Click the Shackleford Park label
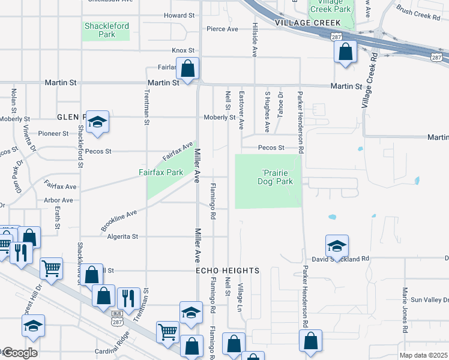coord(107,30)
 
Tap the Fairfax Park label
coord(161,172)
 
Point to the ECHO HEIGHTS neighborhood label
coord(228,271)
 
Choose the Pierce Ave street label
coord(222,29)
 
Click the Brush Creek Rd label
coord(418,13)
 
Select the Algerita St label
coord(122,237)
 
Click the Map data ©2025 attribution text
coord(424,355)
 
